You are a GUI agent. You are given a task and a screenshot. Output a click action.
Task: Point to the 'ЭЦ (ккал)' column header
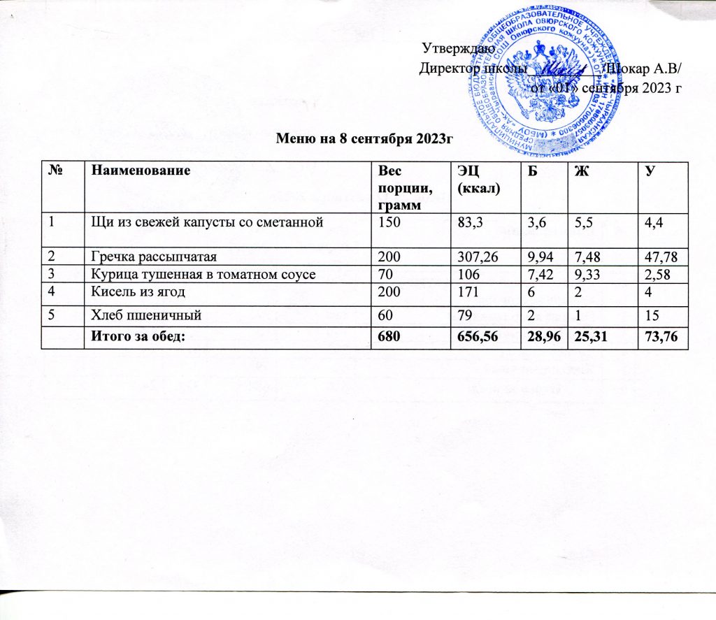pos(472,176)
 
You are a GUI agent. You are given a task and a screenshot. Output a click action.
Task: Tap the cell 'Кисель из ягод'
pos(128,291)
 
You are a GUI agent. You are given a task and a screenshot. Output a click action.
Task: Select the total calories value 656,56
pos(475,338)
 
